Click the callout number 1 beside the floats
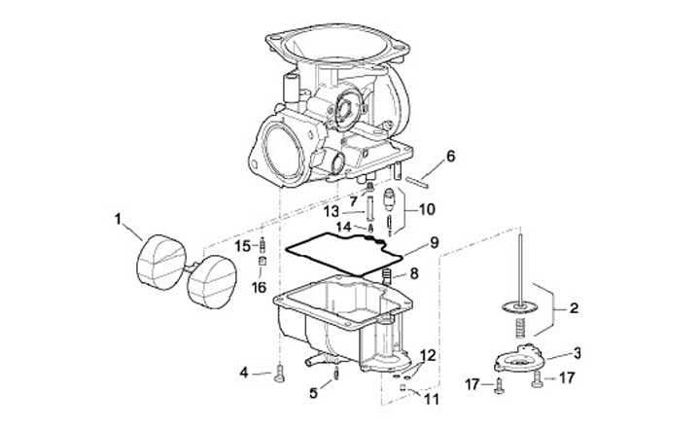(x=118, y=220)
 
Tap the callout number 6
(x=450, y=157)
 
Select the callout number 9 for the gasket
(x=435, y=242)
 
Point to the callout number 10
(x=427, y=209)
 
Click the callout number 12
(x=427, y=356)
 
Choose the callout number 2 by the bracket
(x=575, y=308)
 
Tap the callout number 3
(x=577, y=353)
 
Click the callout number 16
(x=259, y=287)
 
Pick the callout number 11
(x=432, y=399)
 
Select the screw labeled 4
(x=279, y=373)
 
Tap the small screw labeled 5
(x=336, y=373)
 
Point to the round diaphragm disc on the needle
(x=519, y=307)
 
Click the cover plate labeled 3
(x=519, y=358)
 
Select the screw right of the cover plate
(x=537, y=379)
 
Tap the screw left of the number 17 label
(x=499, y=386)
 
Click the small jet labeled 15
(x=262, y=245)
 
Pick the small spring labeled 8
(x=387, y=276)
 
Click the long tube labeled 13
(x=369, y=209)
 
